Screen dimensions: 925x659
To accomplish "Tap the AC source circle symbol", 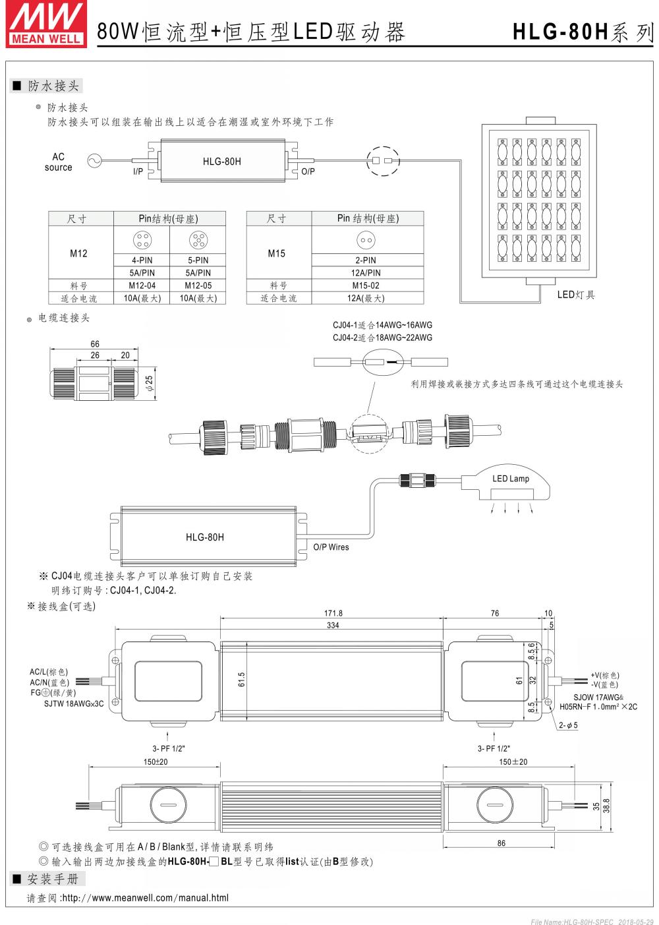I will coord(95,160).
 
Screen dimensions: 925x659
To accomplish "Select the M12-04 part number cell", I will coord(142,285).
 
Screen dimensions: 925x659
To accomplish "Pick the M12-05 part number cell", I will coord(198,285).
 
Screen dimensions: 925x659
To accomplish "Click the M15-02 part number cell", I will coord(366,285).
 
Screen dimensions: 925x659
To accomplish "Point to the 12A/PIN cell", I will coord(366,273).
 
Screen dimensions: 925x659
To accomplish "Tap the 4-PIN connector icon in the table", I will coord(142,239).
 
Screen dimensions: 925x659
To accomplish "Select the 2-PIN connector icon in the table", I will coord(366,240).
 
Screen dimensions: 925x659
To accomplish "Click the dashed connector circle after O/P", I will coord(383,160).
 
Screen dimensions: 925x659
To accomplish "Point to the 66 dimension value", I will coord(95,344).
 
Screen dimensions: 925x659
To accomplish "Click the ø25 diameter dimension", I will coord(149,382).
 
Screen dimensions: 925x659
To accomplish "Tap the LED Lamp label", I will coord(511,479).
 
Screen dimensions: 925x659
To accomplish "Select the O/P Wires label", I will coord(331,547).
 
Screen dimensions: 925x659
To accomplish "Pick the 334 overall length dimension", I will coord(333,625).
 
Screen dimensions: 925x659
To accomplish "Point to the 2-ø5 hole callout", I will coord(568,725).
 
